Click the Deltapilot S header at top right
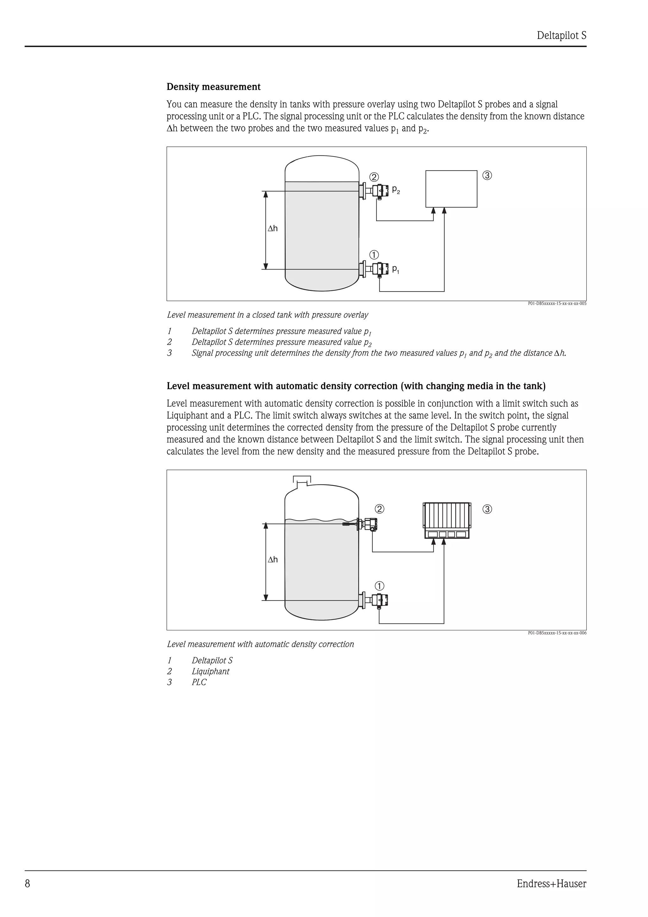[561, 35]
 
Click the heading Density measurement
[213, 87]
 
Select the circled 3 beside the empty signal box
[487, 175]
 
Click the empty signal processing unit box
[451, 189]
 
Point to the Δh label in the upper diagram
[273, 228]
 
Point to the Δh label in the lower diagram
[273, 559]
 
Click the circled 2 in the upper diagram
[374, 177]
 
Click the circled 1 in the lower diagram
[379, 586]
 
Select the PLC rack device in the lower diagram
[446, 521]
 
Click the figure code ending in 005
[557, 303]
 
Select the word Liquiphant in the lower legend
[210, 671]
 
